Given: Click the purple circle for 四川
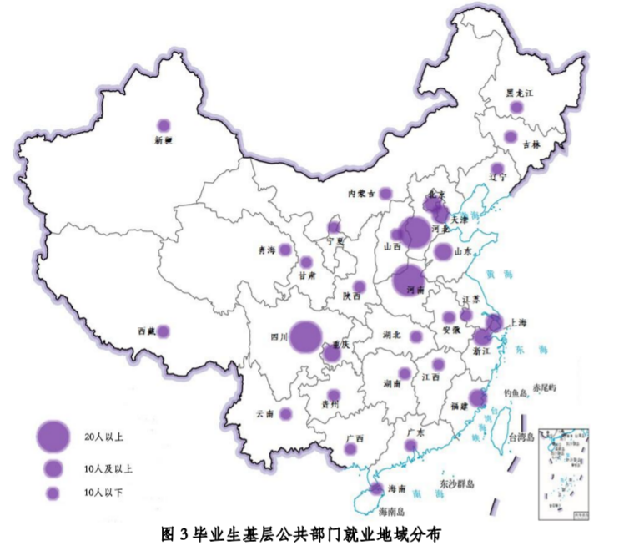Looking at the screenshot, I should [306, 336].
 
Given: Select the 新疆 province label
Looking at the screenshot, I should [164, 141].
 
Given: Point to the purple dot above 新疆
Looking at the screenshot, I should [164, 125].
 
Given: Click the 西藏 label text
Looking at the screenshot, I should [147, 331].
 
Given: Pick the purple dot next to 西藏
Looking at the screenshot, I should [164, 331].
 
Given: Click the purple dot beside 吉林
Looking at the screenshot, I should [511, 137].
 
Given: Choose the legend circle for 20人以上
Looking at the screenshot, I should [53, 434].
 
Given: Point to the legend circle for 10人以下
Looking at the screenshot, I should [53, 493].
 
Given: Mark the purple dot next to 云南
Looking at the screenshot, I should [285, 413].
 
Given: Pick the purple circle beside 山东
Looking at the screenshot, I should [442, 251].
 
